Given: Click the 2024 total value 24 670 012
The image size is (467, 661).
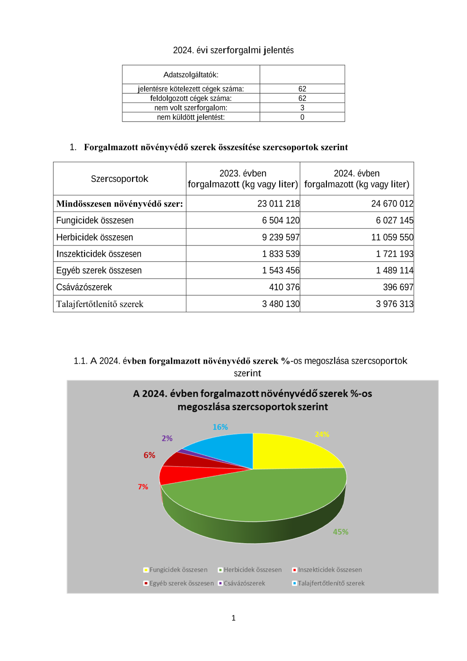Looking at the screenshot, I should pos(392,204).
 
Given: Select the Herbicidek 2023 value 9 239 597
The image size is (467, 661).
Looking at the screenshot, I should pos(280,237).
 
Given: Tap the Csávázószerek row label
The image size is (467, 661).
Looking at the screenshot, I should pos(84,287).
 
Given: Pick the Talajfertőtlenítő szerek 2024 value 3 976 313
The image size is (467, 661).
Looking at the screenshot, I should pos(394,304).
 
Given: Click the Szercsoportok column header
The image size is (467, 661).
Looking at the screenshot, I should pos(120,179).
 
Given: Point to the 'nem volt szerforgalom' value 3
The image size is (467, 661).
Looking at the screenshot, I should pos(302,108).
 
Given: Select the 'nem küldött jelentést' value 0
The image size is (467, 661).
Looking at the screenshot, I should pos(302,117).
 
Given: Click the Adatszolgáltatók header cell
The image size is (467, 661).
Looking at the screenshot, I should pos(191,75).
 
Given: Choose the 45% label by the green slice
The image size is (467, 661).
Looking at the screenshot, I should pos(340,532).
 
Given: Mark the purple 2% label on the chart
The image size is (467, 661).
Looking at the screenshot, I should pos(167,438).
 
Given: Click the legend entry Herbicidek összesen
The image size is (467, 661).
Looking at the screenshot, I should pos(252,570).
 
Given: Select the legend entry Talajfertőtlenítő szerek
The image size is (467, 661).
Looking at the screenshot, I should pos(331,583).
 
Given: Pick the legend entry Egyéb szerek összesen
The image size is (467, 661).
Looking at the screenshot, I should pos(181,583).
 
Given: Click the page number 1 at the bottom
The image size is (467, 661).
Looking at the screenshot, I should pos(233,618).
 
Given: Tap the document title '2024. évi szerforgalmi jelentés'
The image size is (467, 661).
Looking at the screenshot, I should pos(233,50).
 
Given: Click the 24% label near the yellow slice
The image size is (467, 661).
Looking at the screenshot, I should pos(322,434).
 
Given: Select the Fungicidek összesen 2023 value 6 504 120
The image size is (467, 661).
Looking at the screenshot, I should pos(280,221).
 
